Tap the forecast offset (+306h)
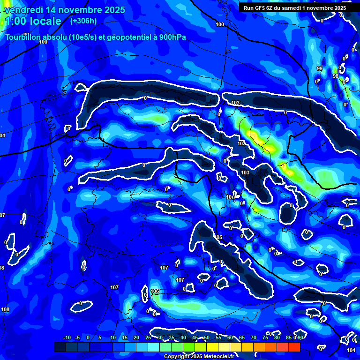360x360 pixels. point(83,21)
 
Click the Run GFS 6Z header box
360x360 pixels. point(294,7)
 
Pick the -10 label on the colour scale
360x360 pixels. point(67,338)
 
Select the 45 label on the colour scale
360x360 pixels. point(195,338)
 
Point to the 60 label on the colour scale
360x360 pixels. point(230,338)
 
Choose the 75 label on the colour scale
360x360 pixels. point(265,338)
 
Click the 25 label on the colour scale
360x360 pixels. point(148,338)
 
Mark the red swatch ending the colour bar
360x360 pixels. point(294,347)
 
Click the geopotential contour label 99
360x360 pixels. point(320,69)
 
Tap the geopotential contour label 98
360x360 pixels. point(335,76)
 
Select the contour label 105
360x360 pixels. point(218,238)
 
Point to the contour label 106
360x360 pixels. point(155,291)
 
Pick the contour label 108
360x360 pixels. point(5,309)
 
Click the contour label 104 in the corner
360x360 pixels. point(351,350)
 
